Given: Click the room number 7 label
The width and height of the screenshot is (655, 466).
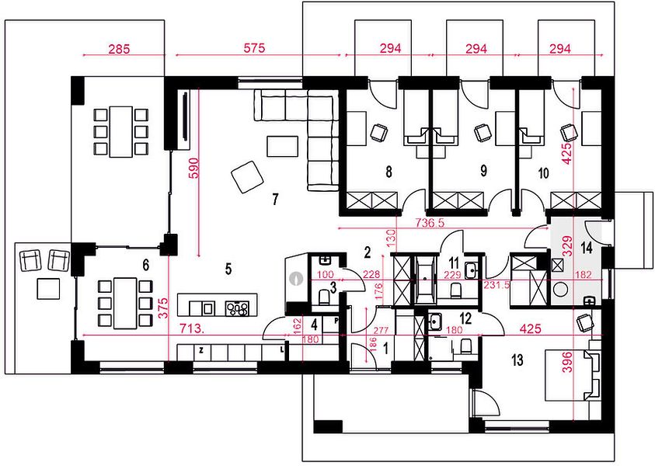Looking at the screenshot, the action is [275, 199].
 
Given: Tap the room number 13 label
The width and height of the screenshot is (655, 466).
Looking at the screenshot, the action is [517, 360].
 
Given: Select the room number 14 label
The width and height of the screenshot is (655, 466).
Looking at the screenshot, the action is [587, 248].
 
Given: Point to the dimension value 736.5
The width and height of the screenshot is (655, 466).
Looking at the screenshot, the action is [430, 223].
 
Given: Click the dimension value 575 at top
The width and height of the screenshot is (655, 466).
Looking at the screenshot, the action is [254, 48].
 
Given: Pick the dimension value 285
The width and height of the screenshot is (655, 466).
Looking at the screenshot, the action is [119, 49].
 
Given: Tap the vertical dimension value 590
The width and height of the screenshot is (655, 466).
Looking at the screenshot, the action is [195, 168].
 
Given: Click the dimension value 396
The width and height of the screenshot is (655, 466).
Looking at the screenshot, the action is [568, 362].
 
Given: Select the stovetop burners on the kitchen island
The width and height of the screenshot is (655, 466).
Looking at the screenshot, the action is [237, 308].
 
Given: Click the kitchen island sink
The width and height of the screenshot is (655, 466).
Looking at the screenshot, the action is [207, 308].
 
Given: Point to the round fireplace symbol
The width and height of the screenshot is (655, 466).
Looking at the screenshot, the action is [296, 279].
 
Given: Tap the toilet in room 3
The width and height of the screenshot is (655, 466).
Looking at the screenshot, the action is [323, 297].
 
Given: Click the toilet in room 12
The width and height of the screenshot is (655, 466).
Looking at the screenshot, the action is [465, 346].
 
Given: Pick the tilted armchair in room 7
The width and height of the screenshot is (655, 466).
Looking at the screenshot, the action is [248, 176].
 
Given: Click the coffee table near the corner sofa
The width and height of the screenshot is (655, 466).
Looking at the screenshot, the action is [283, 146].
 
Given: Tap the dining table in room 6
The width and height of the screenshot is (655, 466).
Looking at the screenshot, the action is [125, 303].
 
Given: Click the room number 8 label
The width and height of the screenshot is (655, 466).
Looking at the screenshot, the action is [389, 172].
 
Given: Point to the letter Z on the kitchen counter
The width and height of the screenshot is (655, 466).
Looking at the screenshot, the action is [201, 351].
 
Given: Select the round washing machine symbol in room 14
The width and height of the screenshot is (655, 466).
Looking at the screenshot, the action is [560, 290].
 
